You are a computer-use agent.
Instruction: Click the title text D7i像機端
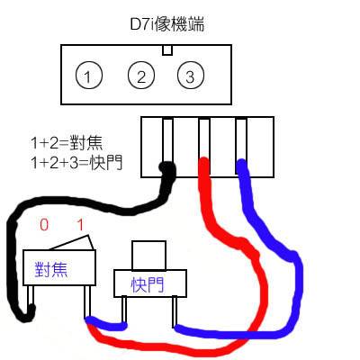tap(167, 24)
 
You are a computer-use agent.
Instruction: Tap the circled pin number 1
tap(89, 76)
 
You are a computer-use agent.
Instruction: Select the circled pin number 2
tap(141, 76)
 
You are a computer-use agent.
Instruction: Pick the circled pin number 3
tap(191, 76)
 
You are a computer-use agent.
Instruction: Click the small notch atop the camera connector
tap(167, 50)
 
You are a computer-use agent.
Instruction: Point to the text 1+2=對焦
tap(67, 143)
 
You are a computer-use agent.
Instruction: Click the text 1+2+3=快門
tap(76, 163)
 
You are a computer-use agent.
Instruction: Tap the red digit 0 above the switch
tap(44, 224)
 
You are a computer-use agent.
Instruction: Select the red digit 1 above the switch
tap(80, 224)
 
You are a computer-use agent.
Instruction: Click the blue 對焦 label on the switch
tap(51, 269)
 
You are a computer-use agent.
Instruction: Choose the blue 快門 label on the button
tap(148, 284)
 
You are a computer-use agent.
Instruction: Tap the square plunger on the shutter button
tap(149, 256)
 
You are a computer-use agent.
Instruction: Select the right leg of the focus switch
tap(87, 302)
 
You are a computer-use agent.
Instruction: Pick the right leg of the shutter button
tap(175, 311)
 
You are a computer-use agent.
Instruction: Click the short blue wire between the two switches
tap(107, 325)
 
